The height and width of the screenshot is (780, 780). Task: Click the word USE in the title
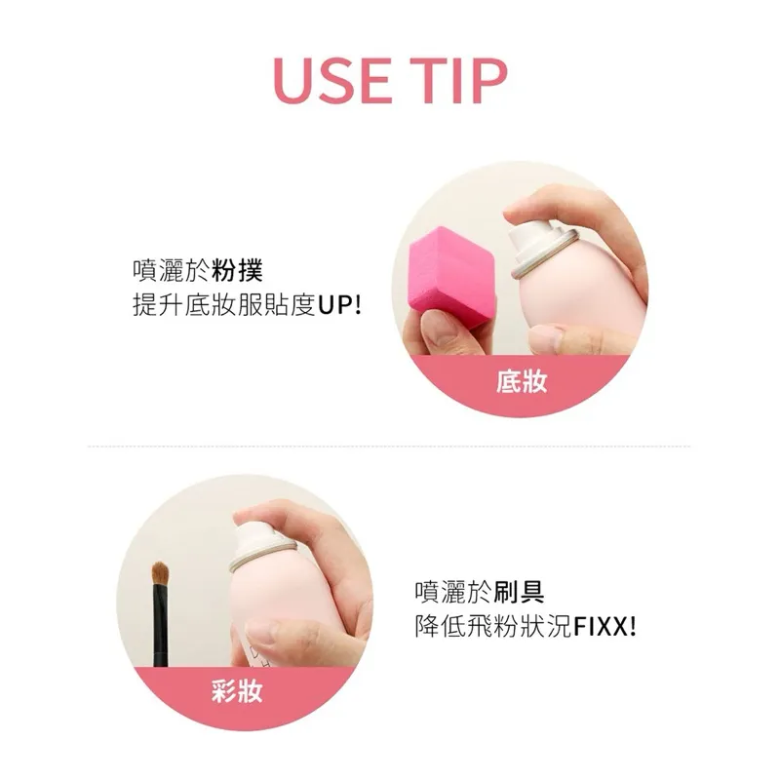coord(331,81)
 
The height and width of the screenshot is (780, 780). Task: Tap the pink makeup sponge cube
coord(450,276)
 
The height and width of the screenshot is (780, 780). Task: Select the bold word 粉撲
coord(238,271)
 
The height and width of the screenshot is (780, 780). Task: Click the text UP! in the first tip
coord(339,304)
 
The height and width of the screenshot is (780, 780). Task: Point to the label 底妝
coord(522,382)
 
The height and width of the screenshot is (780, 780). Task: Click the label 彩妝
coord(237,690)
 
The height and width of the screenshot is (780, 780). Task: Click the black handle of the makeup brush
coord(160,626)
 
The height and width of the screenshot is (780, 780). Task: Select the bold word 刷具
coord(520,592)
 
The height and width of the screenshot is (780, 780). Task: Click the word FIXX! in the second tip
coord(604,626)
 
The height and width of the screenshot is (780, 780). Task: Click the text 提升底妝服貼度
coord(224,304)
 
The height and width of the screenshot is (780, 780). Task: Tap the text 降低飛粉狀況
coord(493,626)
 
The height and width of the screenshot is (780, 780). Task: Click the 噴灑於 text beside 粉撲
coord(172,271)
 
